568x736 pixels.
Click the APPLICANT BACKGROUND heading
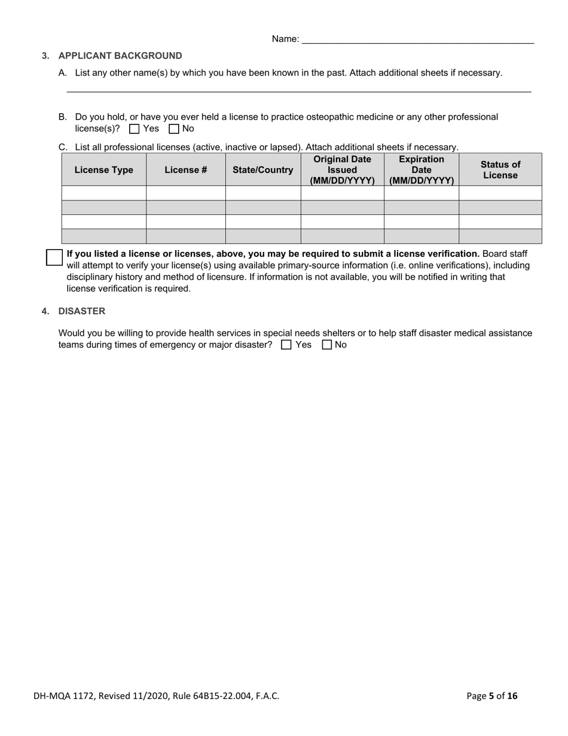pyautogui.click(x=120, y=56)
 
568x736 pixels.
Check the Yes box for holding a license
pyautogui.click(x=135, y=129)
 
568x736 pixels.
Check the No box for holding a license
pyautogui.click(x=175, y=129)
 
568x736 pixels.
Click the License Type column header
pyautogui.click(x=103, y=170)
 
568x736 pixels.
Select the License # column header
pyautogui.click(x=185, y=170)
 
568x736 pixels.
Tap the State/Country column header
pyautogui.click(x=262, y=170)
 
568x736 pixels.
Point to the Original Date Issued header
pyautogui.click(x=342, y=170)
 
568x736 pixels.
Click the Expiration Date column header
pyautogui.click(x=421, y=170)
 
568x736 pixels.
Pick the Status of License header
pyautogui.click(x=500, y=170)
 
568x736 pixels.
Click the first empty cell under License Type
pyautogui.click(x=103, y=193)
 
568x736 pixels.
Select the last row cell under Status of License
pyautogui.click(x=500, y=236)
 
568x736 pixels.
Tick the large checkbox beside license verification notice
pyautogui.click(x=54, y=257)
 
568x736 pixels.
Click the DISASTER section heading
pyautogui.click(x=81, y=311)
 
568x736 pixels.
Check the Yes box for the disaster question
pyautogui.click(x=286, y=345)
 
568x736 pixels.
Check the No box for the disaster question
pyautogui.click(x=327, y=345)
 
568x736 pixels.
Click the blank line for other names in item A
pyautogui.click(x=299, y=90)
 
